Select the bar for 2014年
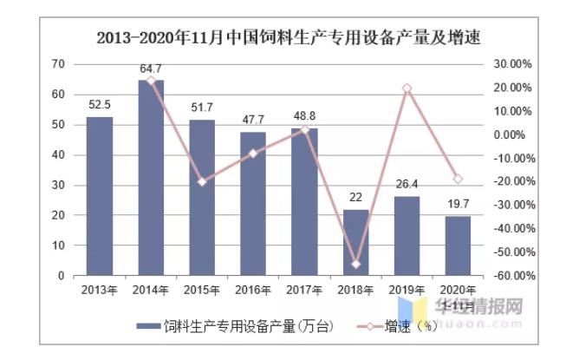coord(151,178)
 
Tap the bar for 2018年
coord(355,243)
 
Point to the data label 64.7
coord(151,69)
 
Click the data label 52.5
coord(100,105)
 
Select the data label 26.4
coord(406,184)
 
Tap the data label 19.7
coord(457,204)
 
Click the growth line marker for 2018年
coord(355,264)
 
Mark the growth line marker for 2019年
coord(406,88)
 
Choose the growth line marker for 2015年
coord(202,182)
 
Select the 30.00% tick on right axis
coord(512,64)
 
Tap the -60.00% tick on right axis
coord(511,276)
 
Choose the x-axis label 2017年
coord(303,290)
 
